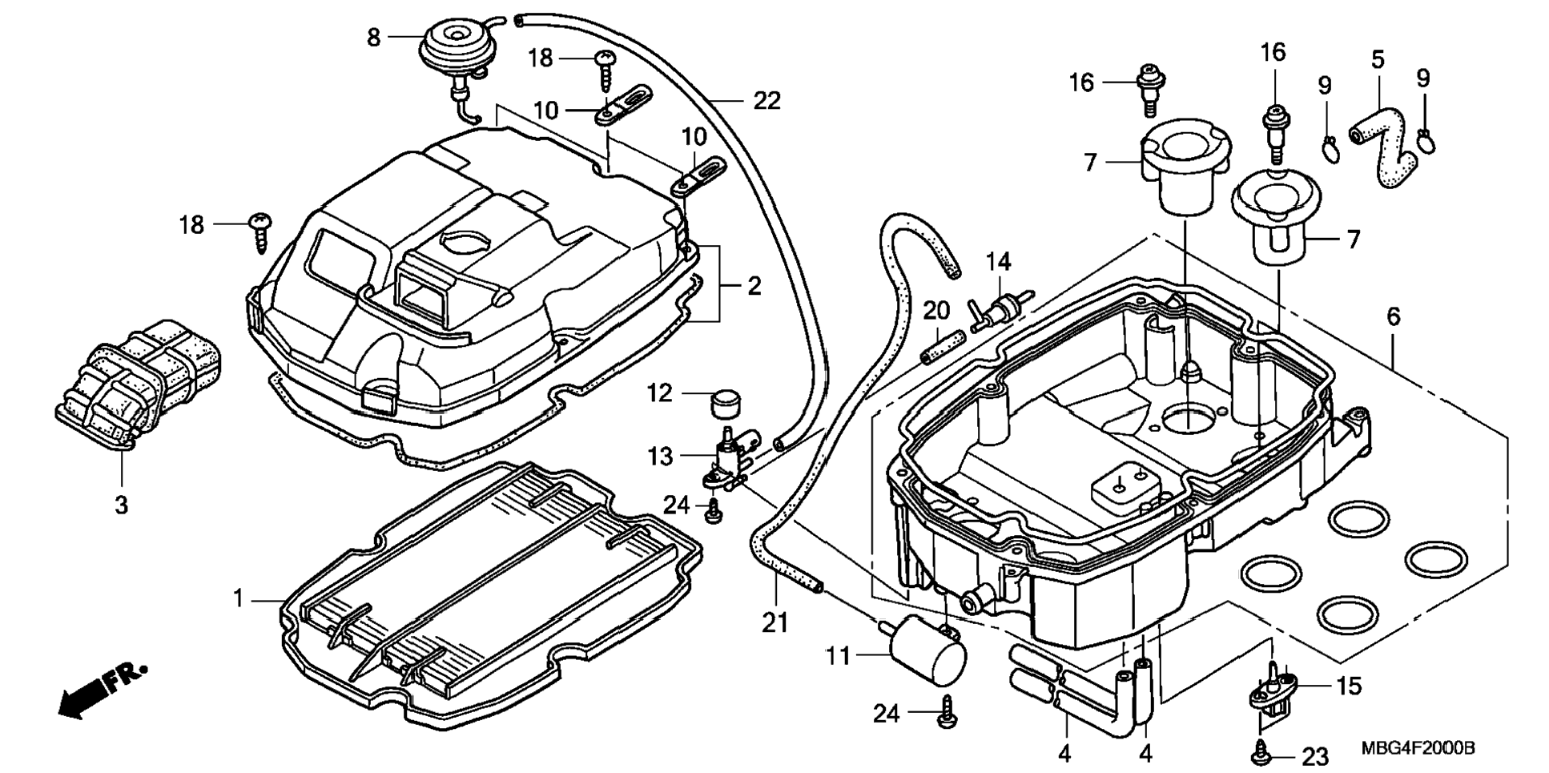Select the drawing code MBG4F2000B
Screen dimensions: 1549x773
tap(1418, 748)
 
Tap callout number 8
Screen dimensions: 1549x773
tap(374, 37)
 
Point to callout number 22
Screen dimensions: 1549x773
tap(766, 101)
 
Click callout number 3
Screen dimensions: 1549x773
tap(121, 505)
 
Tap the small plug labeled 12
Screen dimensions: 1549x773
tap(725, 401)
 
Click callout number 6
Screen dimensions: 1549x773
tap(1394, 316)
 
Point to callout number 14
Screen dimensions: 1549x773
tap(998, 261)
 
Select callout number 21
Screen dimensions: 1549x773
tap(774, 622)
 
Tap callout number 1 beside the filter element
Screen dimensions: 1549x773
tap(238, 598)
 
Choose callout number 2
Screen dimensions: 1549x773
tap(754, 285)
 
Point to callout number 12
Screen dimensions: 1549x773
tap(660, 393)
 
